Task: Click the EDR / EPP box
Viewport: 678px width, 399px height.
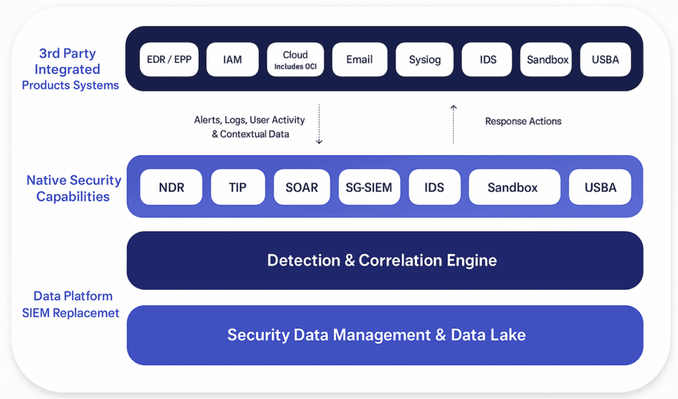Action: [169, 59]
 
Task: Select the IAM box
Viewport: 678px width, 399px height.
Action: [232, 59]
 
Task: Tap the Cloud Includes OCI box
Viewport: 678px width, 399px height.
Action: [295, 59]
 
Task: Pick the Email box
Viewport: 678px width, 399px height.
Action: [360, 59]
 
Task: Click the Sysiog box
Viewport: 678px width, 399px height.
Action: [424, 59]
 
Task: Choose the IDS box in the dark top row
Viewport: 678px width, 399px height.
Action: [487, 59]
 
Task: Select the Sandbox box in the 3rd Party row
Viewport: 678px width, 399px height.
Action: [546, 59]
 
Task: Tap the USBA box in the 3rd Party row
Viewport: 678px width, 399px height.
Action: [605, 59]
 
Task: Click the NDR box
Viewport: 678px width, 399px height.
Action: [171, 187]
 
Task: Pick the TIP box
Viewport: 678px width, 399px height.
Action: [238, 187]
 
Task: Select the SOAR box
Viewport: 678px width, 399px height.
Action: [302, 187]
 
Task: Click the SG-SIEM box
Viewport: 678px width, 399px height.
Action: [369, 187]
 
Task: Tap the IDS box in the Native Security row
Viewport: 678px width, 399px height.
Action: [434, 187]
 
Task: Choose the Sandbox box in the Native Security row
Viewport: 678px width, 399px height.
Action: [514, 187]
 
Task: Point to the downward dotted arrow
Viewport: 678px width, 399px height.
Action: [319, 124]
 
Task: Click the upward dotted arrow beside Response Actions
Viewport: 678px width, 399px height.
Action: [453, 124]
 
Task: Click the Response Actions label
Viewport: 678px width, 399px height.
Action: [523, 121]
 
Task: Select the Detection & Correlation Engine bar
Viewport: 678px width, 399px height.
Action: [385, 260]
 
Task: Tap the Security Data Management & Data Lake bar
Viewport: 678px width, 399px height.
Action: [385, 335]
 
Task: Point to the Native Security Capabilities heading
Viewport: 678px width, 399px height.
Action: [73, 188]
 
